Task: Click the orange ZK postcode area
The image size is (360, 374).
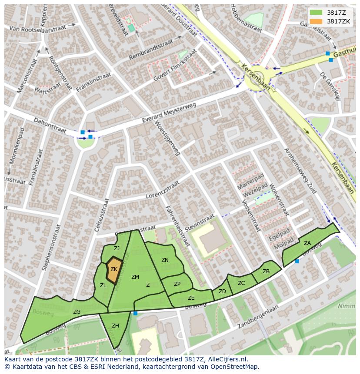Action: click(x=114, y=270)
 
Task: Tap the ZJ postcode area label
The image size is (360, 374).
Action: click(x=117, y=248)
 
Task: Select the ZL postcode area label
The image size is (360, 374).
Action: click(x=103, y=285)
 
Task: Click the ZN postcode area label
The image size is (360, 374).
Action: click(x=165, y=260)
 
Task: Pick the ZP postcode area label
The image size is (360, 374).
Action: click(x=177, y=284)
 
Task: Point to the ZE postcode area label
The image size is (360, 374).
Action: click(x=191, y=298)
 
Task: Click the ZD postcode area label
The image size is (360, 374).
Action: click(x=222, y=291)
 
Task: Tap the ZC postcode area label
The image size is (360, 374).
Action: click(x=241, y=283)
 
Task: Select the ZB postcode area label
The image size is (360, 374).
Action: click(x=266, y=271)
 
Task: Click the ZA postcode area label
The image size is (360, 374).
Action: click(x=307, y=243)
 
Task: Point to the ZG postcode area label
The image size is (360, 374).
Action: click(x=77, y=312)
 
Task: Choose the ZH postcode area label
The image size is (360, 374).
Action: click(x=115, y=325)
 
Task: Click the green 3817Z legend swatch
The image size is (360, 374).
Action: click(x=317, y=13)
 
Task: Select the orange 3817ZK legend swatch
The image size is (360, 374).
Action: click(x=317, y=21)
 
